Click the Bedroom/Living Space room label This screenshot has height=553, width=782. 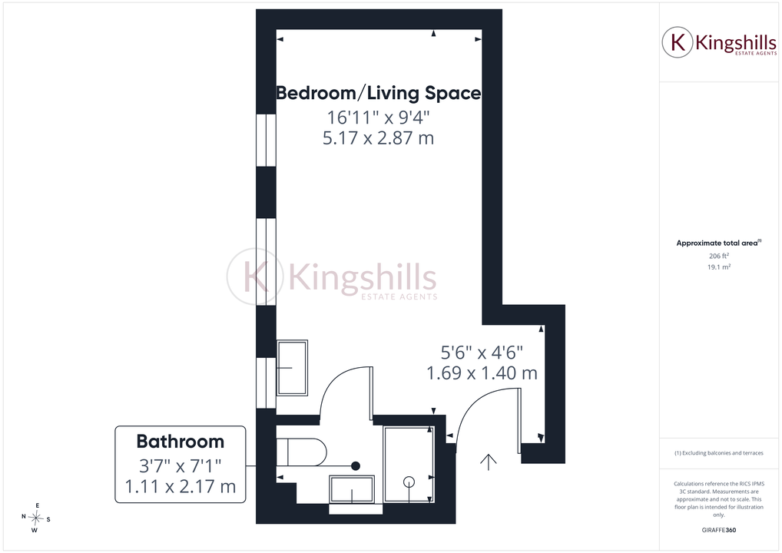coord(379,93)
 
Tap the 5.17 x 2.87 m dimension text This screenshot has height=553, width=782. coord(379,138)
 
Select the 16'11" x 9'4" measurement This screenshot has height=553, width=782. coord(379,118)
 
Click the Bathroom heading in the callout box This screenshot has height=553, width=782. coord(181,442)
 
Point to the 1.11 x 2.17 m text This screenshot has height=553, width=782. coord(181,486)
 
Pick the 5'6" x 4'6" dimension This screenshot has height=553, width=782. coord(482,353)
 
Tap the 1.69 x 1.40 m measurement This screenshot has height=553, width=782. coord(482,373)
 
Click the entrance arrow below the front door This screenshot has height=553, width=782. coord(489,462)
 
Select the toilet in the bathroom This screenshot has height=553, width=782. coord(301,452)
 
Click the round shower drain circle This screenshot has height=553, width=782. coord(409,482)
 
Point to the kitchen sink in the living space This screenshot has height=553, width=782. coord(292,368)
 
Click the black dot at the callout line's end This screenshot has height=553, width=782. coord(356,466)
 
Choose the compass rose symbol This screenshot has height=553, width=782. coord(36,518)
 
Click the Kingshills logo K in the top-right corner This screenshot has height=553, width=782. coord(678,42)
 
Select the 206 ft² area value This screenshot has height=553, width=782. coord(719,256)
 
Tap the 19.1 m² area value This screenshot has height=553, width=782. coord(719,267)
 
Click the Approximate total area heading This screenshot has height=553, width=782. coord(719,243)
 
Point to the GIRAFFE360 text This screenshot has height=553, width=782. coord(719,530)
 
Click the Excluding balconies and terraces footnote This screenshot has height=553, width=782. coord(719,453)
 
